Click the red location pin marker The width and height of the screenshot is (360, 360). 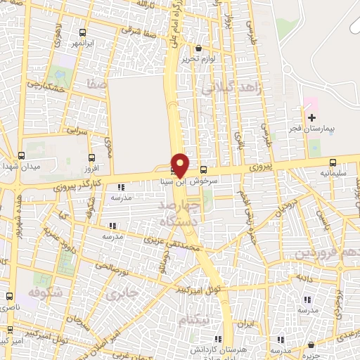180,165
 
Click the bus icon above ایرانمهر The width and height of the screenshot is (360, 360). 83,33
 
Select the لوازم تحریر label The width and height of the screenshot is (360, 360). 198,59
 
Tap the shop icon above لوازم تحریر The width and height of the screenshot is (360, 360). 198,49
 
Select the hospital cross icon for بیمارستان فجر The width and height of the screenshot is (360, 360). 311,117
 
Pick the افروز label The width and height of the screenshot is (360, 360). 91,170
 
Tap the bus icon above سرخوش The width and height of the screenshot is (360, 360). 203,169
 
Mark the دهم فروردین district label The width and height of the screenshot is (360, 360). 326,252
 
